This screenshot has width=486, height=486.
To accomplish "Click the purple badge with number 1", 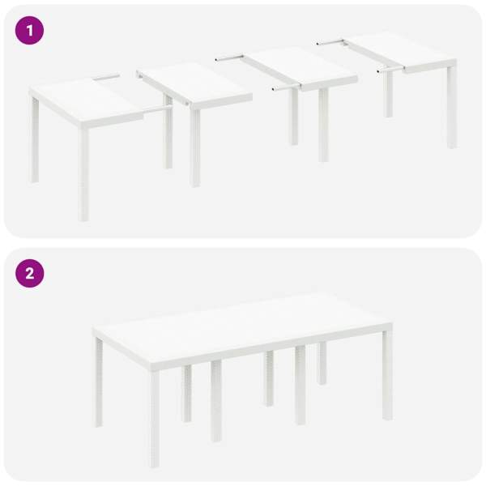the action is coord(29,31).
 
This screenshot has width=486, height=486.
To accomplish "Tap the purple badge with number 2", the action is coord(29,274).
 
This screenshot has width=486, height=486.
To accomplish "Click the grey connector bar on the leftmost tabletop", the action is coord(107,77).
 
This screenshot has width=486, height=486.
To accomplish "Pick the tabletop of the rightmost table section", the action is coord(403,50).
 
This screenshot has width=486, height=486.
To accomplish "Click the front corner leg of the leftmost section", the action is coord(83,174).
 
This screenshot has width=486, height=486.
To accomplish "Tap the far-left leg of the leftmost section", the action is coord(34,140).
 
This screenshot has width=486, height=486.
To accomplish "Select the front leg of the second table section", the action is coord(195,148).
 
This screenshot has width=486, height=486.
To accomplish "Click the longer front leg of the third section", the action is coord(323,126).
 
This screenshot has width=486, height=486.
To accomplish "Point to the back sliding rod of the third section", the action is coord(229,58).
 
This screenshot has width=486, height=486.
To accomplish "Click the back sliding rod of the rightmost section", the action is coord(330,42).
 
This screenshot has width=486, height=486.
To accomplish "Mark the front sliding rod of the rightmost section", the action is coord(390,70).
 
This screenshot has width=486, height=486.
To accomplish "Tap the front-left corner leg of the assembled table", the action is coord(155,419).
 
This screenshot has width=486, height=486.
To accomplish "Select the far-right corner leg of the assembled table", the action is coord(387,375).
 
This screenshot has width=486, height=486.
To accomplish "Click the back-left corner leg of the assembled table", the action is coord(99,382).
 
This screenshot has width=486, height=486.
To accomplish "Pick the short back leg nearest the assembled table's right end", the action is coord(322,363).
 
